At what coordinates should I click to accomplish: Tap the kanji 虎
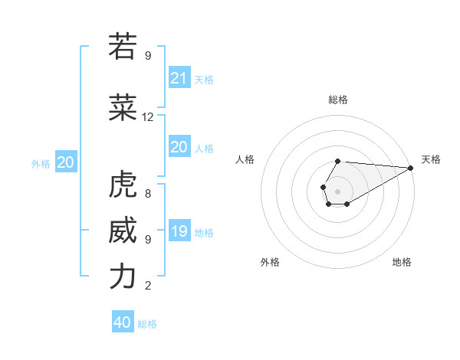click(x=122, y=185)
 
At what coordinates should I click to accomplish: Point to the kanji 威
click(x=122, y=231)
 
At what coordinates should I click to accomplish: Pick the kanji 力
click(x=122, y=277)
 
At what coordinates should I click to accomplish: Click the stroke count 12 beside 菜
click(x=148, y=117)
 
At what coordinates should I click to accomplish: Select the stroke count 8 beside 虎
click(x=147, y=194)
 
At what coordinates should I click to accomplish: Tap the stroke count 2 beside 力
click(x=147, y=286)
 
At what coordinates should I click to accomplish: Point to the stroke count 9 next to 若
click(x=147, y=56)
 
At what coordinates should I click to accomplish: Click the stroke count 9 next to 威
click(x=147, y=240)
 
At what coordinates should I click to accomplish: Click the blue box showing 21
click(x=179, y=78)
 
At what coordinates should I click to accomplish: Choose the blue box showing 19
click(x=179, y=231)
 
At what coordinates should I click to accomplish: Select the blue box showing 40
click(x=123, y=322)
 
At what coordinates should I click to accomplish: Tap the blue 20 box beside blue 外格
click(x=66, y=162)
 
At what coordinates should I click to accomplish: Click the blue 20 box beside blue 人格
click(x=179, y=147)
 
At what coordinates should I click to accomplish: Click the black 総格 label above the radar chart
click(x=338, y=100)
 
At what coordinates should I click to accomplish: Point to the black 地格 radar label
click(x=402, y=262)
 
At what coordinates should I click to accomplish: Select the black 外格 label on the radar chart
click(x=270, y=262)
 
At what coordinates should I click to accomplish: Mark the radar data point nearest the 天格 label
click(x=410, y=168)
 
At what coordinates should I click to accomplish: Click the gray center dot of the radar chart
click(x=337, y=190)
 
